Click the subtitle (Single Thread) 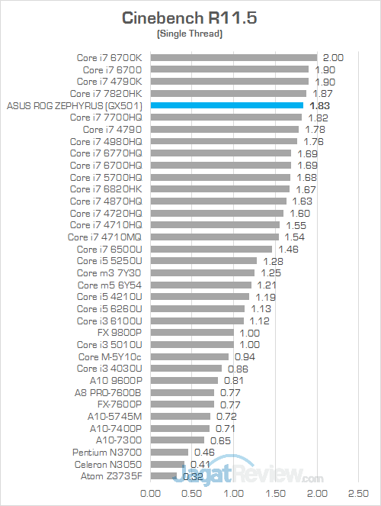coord(190,35)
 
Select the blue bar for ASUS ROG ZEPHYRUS coord(227,105)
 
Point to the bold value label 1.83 coord(320,105)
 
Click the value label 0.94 coord(245,356)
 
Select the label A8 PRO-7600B coord(110,392)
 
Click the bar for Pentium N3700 coord(170,452)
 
